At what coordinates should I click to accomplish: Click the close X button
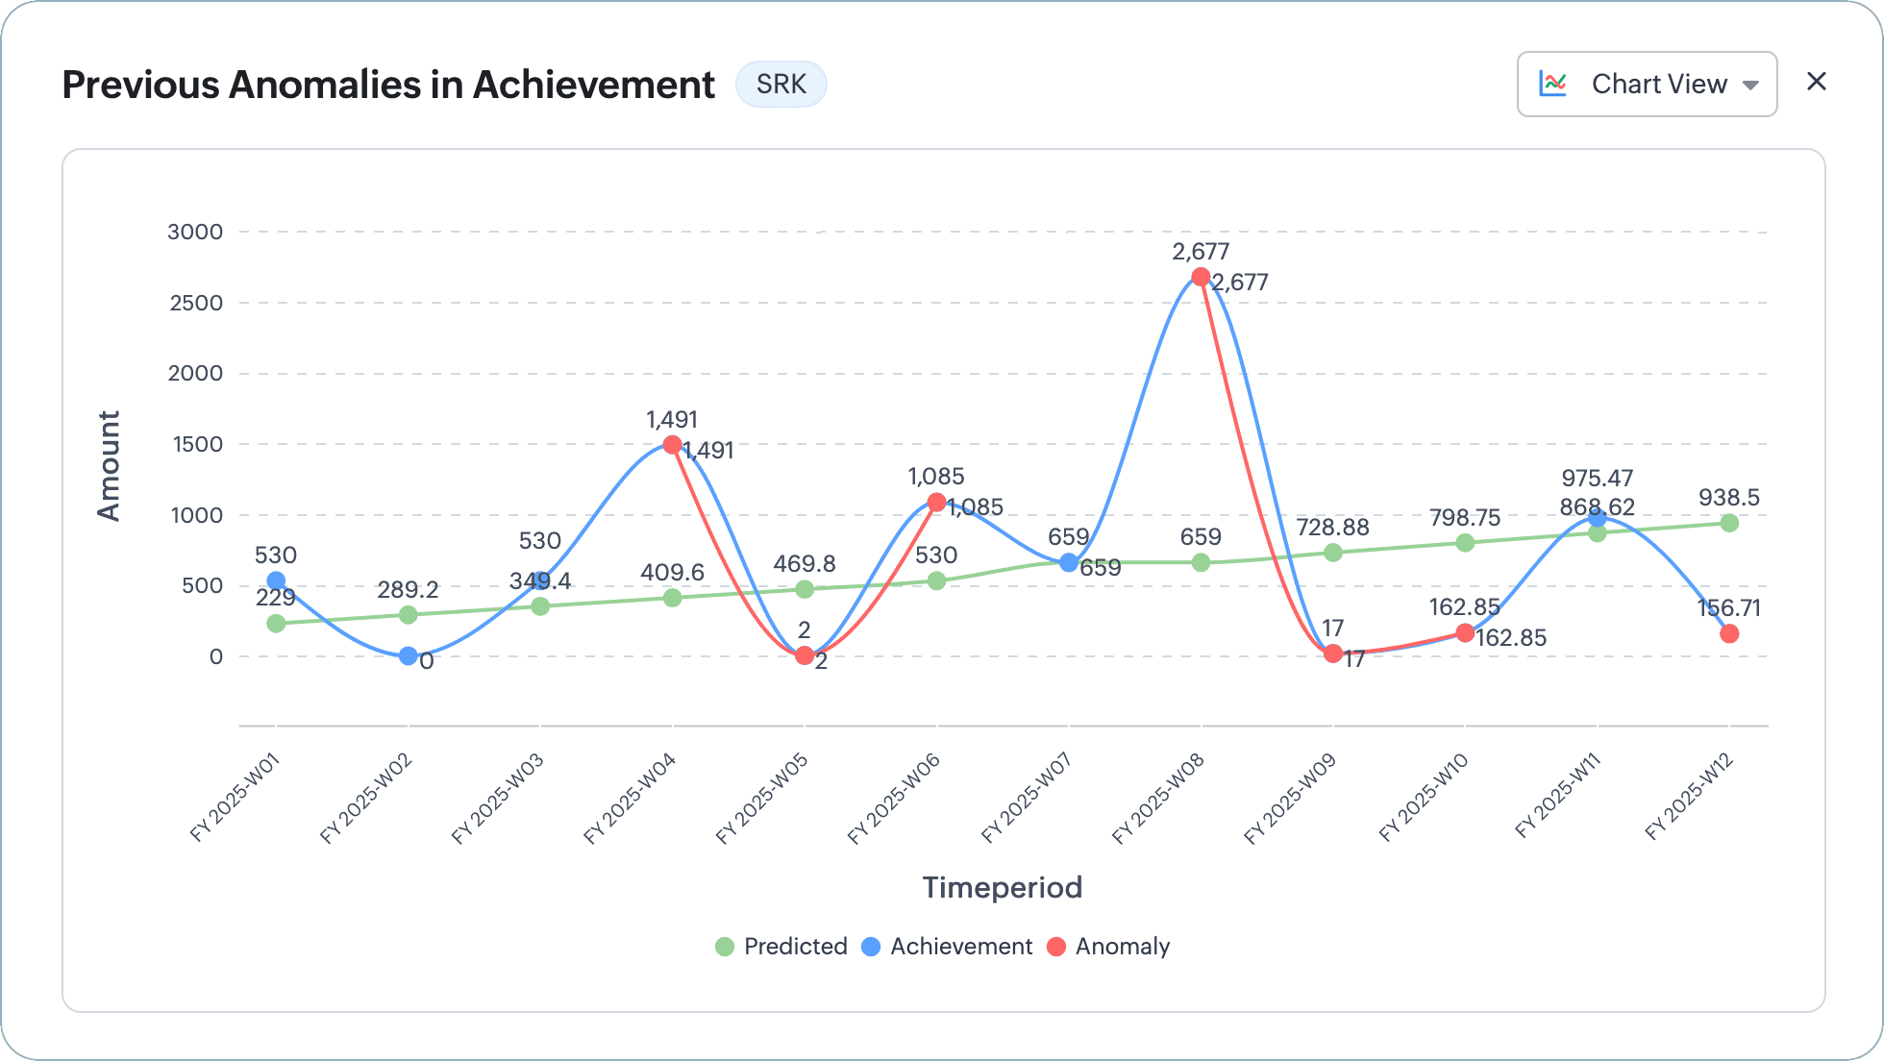[x=1816, y=83]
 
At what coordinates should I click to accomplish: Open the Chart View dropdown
[x=1647, y=85]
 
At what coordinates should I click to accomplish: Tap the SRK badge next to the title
[x=781, y=85]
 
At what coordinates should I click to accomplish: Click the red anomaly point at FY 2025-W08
[x=1201, y=277]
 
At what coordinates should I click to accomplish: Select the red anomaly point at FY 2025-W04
[x=673, y=445]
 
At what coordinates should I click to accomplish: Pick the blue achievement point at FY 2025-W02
[x=409, y=656]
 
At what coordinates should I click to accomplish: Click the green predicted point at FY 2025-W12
[x=1729, y=523]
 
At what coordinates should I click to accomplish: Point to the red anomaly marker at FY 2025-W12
[x=1729, y=633]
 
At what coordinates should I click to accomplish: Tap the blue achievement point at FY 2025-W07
[x=1069, y=563]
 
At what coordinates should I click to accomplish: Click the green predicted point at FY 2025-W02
[x=409, y=615]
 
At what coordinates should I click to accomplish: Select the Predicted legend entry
[x=781, y=947]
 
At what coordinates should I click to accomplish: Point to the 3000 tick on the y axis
[x=195, y=232]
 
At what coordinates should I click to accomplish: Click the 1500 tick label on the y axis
[x=195, y=444]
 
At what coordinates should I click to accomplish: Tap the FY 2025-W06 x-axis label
[x=894, y=800]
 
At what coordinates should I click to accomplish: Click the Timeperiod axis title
[x=1002, y=887]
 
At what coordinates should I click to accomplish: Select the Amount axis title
[x=109, y=466]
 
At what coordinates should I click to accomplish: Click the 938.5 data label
[x=1728, y=498]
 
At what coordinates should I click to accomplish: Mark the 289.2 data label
[x=408, y=589]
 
